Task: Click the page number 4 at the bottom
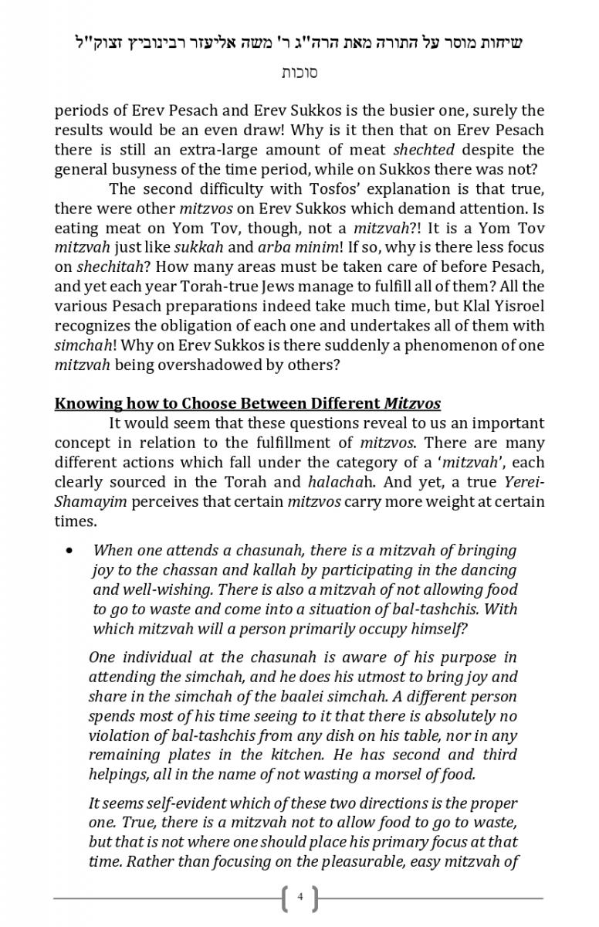tap(299, 898)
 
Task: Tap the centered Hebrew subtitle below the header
tap(299, 73)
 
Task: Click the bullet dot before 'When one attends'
tap(70, 551)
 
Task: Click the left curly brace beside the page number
tap(286, 898)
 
